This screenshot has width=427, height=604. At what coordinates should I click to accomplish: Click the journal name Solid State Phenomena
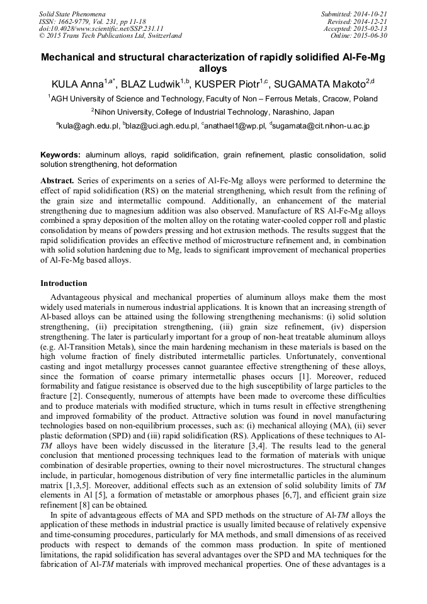pos(72,13)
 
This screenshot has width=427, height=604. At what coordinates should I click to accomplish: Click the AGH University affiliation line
pos(213,99)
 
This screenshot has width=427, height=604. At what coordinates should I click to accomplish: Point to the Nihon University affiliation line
pos(213,112)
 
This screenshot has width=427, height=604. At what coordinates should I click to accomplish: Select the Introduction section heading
pos(64,283)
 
